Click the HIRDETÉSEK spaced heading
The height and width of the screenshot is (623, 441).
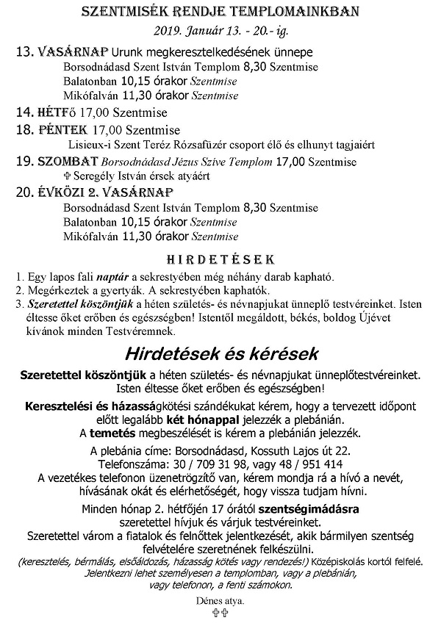(x=220, y=259)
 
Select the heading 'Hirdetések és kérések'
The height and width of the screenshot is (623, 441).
(x=220, y=353)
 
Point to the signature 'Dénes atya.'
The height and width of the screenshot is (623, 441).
(x=220, y=600)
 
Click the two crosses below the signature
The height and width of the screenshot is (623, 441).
(x=220, y=613)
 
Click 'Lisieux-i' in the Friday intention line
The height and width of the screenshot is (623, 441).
(x=92, y=145)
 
